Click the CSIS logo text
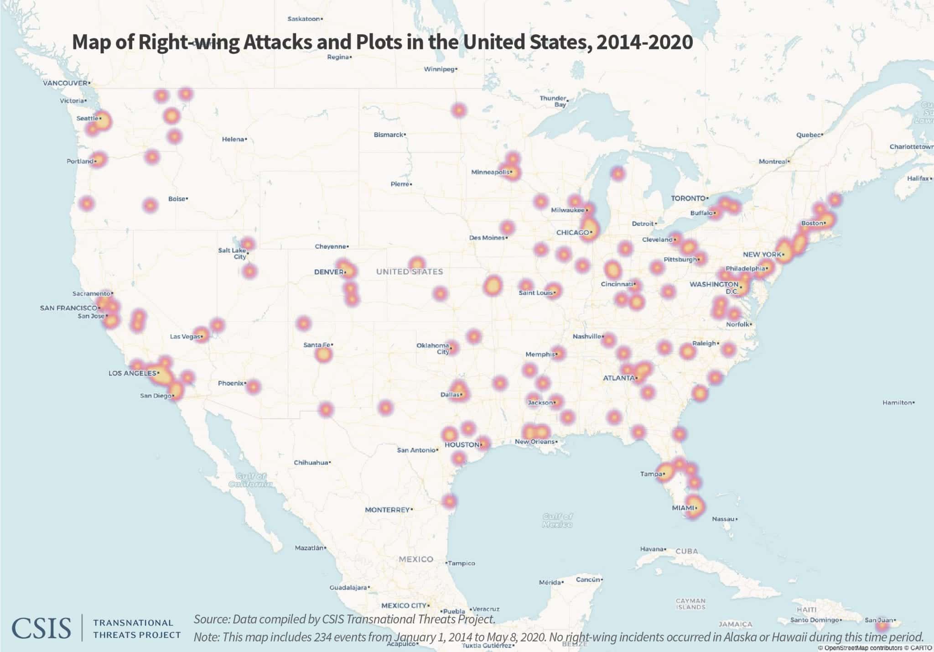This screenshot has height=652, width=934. coord(41,628)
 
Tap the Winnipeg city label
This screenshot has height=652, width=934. coord(440,69)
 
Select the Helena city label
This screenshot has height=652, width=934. coord(233,139)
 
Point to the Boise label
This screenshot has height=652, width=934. coord(177,199)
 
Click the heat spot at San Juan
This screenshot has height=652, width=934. coord(882,626)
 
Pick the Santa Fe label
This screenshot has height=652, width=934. coord(317,345)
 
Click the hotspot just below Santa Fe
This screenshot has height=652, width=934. coord(323,355)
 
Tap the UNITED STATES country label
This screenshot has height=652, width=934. coord(409,272)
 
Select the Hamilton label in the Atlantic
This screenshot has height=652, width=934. coord(897,402)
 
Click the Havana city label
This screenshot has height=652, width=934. coord(651,549)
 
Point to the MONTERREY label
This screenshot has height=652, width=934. coord(387,510)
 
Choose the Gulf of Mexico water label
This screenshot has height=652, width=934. coord(557,521)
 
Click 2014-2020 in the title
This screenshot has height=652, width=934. coord(644,42)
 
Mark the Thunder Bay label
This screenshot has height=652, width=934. coord(553,101)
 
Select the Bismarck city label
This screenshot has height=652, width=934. coord(389,135)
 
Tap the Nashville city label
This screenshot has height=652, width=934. coord(587,336)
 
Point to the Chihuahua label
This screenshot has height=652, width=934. coord(311,463)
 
